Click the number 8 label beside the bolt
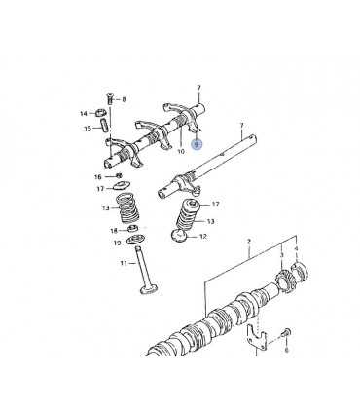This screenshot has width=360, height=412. coord(124,99)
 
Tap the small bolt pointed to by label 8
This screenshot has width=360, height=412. coord(109,97)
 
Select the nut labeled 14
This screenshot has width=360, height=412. coord(101,113)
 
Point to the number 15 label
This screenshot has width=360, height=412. coord(88,128)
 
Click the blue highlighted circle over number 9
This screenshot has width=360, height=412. coord(197,144)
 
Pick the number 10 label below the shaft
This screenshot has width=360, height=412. coord(181,151)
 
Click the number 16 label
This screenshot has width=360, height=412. coord(98,177)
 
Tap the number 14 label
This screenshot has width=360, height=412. coord(84,113)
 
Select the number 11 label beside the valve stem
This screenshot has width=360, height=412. coord(124,263)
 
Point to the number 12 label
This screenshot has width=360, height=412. coord(203,237)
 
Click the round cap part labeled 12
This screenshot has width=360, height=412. coord(179,236)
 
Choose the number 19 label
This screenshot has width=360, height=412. coord(117,243)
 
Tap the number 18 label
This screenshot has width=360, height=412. coord(114,231)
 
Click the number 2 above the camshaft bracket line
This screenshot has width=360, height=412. coord(249,242)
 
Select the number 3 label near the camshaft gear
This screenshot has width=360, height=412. coord(281,255)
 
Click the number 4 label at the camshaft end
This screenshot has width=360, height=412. coord(296,248)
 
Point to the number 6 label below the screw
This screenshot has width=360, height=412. coord(286,351)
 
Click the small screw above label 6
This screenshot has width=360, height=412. coord(286,332)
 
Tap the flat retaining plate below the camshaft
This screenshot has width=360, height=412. coord(256,338)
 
